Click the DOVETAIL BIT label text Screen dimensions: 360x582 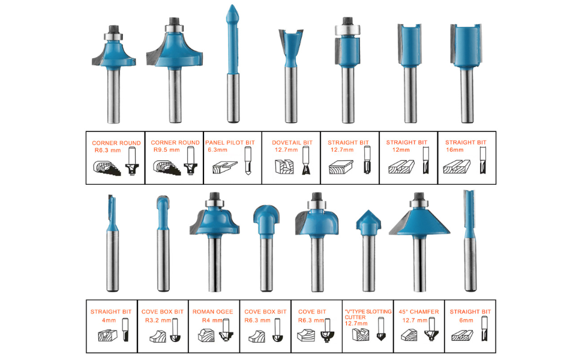tap(292, 143)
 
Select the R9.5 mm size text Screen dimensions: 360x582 tap(166, 150)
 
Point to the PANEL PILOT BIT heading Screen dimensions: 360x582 tap(230, 143)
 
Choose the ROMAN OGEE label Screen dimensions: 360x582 tap(213, 312)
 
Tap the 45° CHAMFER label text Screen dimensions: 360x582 tap(419, 312)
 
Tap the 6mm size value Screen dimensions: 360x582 tap(466, 320)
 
